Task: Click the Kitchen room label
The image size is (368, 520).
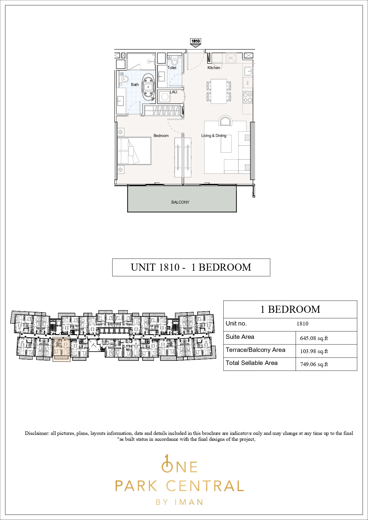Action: (x=214, y=68)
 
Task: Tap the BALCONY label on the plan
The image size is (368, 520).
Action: (x=180, y=202)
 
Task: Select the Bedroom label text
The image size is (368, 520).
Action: (x=161, y=136)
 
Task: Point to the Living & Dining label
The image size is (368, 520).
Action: (x=214, y=136)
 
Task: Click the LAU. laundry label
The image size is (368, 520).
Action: (x=174, y=92)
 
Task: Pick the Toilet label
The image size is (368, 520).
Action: (x=172, y=68)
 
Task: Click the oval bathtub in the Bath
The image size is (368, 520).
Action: (x=148, y=87)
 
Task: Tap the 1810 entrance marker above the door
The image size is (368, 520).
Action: (x=196, y=42)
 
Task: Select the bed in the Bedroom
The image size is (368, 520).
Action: (x=134, y=151)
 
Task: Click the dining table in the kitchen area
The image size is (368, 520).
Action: (x=219, y=91)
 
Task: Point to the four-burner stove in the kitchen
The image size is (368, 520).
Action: (x=248, y=97)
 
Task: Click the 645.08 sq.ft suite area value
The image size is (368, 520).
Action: (x=314, y=338)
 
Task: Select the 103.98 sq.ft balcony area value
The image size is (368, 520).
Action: (x=314, y=351)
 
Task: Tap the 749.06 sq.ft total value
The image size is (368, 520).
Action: (x=314, y=364)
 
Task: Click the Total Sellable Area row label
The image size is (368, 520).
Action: (x=252, y=363)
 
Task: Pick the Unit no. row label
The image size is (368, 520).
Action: (x=236, y=323)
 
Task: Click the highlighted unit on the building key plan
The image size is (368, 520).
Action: (x=61, y=349)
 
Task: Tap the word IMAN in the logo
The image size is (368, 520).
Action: (x=189, y=502)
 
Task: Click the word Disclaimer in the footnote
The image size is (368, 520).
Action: (x=37, y=433)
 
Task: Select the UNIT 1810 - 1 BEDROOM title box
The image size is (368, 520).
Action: (x=191, y=267)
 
